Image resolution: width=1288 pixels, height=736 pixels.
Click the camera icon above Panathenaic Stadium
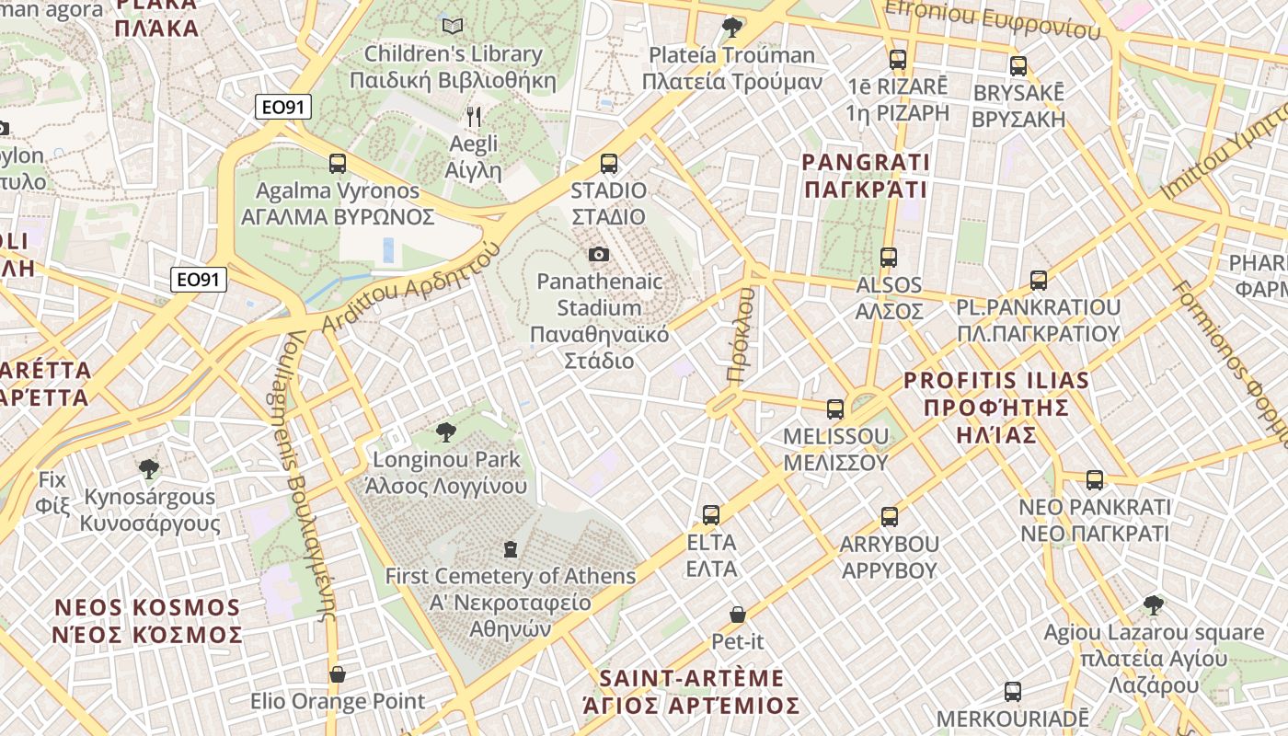pos(599,254)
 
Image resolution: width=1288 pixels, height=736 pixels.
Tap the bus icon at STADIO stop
pos(608,164)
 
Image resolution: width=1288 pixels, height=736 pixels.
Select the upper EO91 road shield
pos(283,108)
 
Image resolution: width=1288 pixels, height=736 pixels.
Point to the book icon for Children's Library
pos(452,26)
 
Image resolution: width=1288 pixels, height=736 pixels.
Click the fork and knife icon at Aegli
pos(474,117)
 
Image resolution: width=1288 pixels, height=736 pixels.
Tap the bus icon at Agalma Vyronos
pos(338,164)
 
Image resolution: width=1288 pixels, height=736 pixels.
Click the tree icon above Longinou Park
pos(446,431)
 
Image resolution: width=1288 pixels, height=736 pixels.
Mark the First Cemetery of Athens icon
pos(510,549)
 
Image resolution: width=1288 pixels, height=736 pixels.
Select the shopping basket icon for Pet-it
pos(738,614)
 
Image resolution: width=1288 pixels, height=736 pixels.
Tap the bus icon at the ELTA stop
pos(711,515)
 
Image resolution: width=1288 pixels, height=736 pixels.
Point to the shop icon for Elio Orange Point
pos(338,674)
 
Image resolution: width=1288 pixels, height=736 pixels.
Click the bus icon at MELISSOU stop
pos(835,409)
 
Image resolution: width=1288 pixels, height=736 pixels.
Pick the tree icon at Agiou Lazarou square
pos(1153,605)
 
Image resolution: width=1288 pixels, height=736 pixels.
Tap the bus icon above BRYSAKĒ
pos(1018,66)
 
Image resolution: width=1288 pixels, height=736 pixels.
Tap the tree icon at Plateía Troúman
pos(732,27)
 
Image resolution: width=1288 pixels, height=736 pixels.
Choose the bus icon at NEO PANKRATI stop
pos(1094,479)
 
